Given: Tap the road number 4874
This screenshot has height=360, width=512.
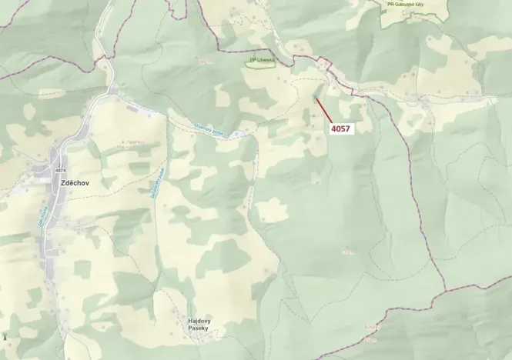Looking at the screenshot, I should coord(61,170).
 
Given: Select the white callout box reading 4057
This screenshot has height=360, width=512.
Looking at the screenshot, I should coord(340,128).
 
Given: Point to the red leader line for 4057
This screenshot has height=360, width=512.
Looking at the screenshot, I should coord(323,110).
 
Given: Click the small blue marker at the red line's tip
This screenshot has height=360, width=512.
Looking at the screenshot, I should coord(316,98).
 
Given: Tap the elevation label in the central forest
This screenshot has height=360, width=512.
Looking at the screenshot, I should coord(348,251).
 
